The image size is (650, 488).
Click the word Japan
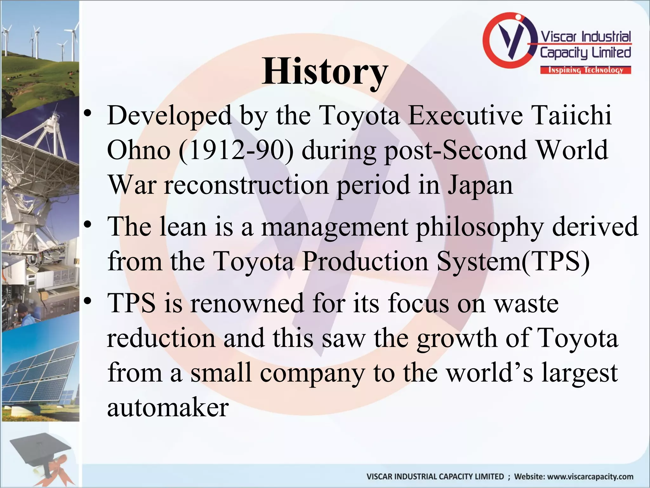point(480,185)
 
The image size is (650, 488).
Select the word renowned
point(248,303)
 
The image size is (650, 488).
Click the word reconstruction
point(246,185)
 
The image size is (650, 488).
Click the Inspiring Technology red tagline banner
point(586,70)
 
